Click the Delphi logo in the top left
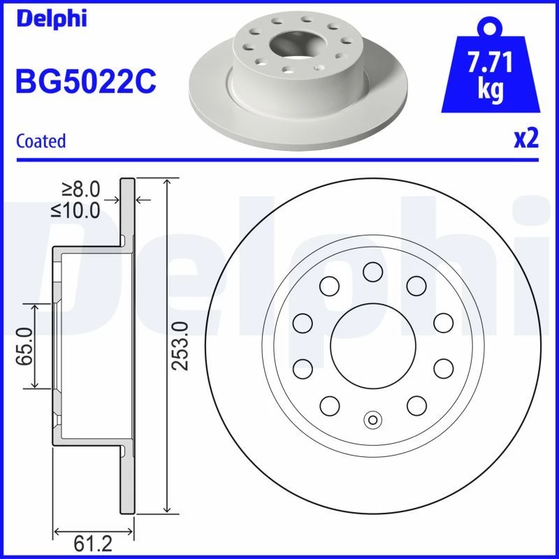(x=51, y=19)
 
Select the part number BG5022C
(x=86, y=81)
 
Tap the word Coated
(x=41, y=140)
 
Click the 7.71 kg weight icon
(x=491, y=65)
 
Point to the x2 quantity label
(x=526, y=138)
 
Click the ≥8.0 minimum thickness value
(x=81, y=189)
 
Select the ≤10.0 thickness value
(x=75, y=210)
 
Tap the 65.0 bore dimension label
(x=24, y=347)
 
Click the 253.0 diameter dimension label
(x=180, y=346)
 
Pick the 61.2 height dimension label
(x=93, y=544)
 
